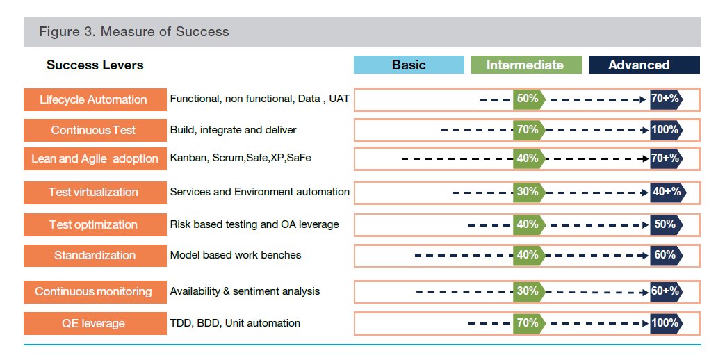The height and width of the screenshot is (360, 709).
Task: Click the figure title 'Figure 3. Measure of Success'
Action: [x=133, y=32]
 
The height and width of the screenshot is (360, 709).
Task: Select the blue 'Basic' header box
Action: [x=409, y=65]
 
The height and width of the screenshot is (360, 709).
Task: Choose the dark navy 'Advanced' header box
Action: [x=639, y=65]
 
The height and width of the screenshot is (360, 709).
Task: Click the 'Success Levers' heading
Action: [x=95, y=65]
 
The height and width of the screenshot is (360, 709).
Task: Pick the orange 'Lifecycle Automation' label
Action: [x=93, y=99]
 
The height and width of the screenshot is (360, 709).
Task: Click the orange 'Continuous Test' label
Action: [x=93, y=130]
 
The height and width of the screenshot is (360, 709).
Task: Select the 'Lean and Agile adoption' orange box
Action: [x=95, y=158]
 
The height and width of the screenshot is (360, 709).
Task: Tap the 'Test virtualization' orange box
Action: [x=93, y=193]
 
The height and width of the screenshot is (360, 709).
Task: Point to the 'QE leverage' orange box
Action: [x=93, y=323]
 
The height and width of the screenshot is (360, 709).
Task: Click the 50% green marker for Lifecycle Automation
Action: [x=528, y=99]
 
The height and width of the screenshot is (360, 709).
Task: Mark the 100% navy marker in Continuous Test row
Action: [x=665, y=130]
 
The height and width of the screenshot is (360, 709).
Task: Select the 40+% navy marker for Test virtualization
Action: [x=667, y=192]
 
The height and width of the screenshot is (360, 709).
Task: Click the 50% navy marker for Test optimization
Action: [x=665, y=224]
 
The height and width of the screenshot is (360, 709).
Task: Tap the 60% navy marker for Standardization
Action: [x=665, y=255]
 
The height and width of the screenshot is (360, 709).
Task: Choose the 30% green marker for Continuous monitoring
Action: [x=528, y=291]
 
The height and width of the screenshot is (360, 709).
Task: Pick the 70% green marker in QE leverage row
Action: [x=528, y=323]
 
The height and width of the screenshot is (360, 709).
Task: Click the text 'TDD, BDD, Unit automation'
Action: [x=235, y=323]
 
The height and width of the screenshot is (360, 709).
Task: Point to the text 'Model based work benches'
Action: [x=236, y=255]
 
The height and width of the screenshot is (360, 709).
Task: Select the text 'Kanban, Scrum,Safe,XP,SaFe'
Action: [x=241, y=158]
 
